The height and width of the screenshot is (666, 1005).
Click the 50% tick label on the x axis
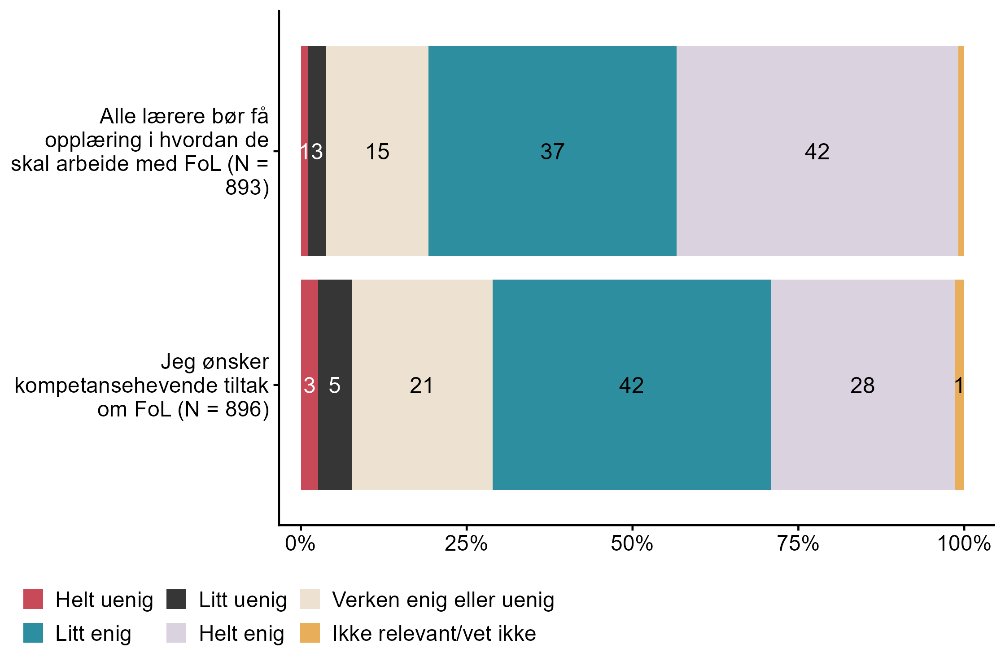[x=632, y=544]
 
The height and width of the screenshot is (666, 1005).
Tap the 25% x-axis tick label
[x=466, y=544]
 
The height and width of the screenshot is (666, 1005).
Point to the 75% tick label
[x=798, y=544]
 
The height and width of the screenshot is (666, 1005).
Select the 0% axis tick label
[x=300, y=544]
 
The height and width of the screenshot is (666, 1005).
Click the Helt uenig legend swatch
[x=33, y=600]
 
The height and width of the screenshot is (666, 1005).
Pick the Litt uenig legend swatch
[x=176, y=600]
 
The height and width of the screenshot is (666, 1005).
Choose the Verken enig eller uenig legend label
[x=443, y=600]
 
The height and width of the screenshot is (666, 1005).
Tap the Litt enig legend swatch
[x=33, y=633]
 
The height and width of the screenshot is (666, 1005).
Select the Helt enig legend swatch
[x=176, y=633]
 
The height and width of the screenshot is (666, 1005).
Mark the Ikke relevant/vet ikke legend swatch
[x=310, y=633]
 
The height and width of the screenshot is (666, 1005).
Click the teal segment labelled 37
[x=552, y=151]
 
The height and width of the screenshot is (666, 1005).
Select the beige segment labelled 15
[x=377, y=151]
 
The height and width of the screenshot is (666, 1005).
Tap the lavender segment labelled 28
[x=862, y=385]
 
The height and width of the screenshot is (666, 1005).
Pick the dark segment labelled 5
[x=335, y=385]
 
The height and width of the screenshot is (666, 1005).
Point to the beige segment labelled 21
[x=422, y=385]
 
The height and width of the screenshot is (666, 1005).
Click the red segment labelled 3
[x=309, y=385]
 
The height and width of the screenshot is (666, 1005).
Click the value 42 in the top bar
[x=817, y=151]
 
